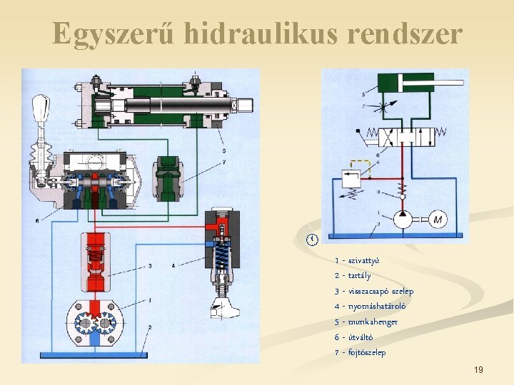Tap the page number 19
(x=478, y=370)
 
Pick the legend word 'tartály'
(x=359, y=275)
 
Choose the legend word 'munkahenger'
(x=373, y=322)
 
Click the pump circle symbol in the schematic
(x=401, y=220)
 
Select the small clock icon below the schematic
(x=311, y=239)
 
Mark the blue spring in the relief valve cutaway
(x=221, y=254)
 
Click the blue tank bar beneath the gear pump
(x=93, y=354)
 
